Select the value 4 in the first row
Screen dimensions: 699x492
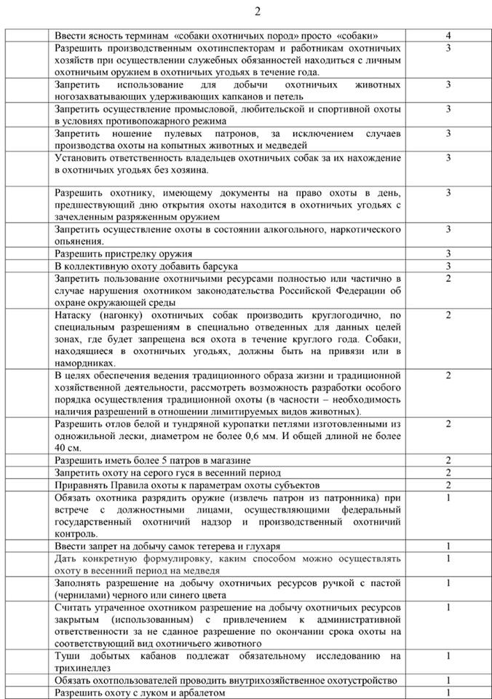pos(448,35)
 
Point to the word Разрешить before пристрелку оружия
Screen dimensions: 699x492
pos(81,254)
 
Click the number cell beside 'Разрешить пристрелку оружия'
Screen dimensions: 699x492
pos(448,254)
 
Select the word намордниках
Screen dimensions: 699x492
pos(84,363)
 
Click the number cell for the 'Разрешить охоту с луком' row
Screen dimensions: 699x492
pos(448,693)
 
